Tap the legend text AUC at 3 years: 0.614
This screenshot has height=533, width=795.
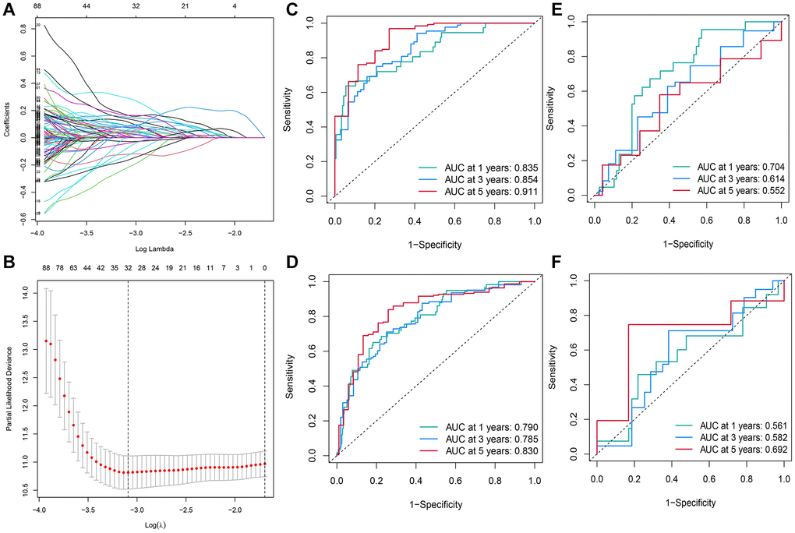tap(742, 179)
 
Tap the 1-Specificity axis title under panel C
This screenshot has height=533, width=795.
tap(434, 245)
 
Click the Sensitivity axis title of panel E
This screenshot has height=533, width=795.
tap(553, 109)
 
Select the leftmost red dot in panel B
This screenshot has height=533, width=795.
tap(46, 341)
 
